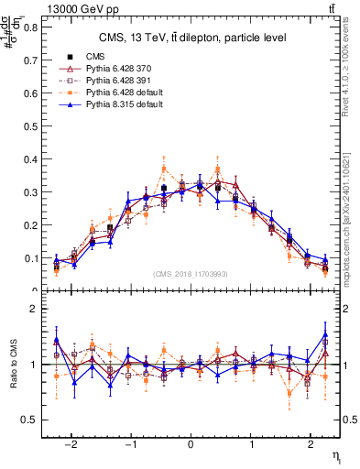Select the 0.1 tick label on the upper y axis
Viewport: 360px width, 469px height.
point(35,258)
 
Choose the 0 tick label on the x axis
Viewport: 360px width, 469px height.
point(191,444)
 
